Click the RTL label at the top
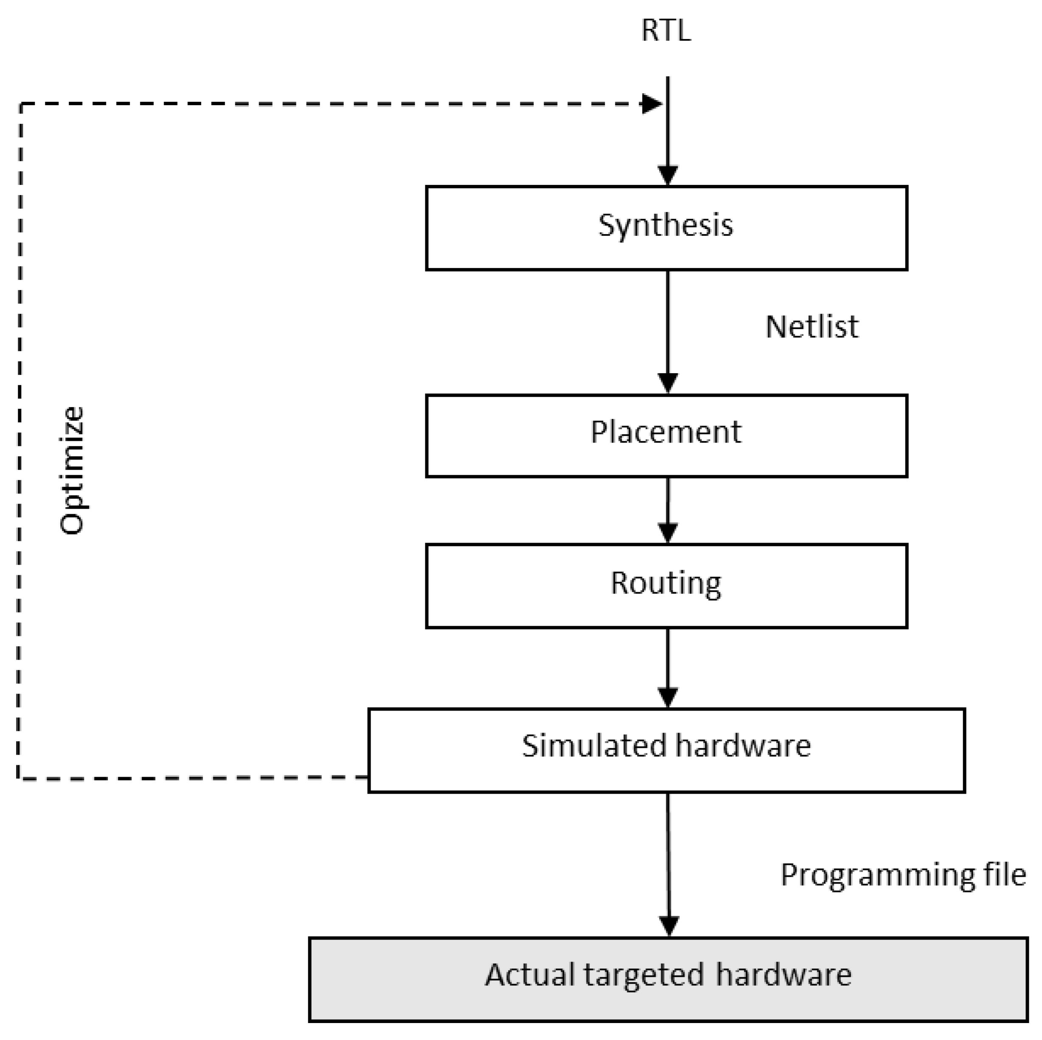coord(665,31)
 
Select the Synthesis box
coord(666,228)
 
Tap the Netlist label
coord(811,327)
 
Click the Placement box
coord(666,435)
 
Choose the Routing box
coord(666,586)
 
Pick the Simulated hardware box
coord(666,750)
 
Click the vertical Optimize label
coord(72,470)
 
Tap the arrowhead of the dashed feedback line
coord(651,103)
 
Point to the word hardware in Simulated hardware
coord(743,746)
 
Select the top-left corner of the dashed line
coord(20,104)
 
